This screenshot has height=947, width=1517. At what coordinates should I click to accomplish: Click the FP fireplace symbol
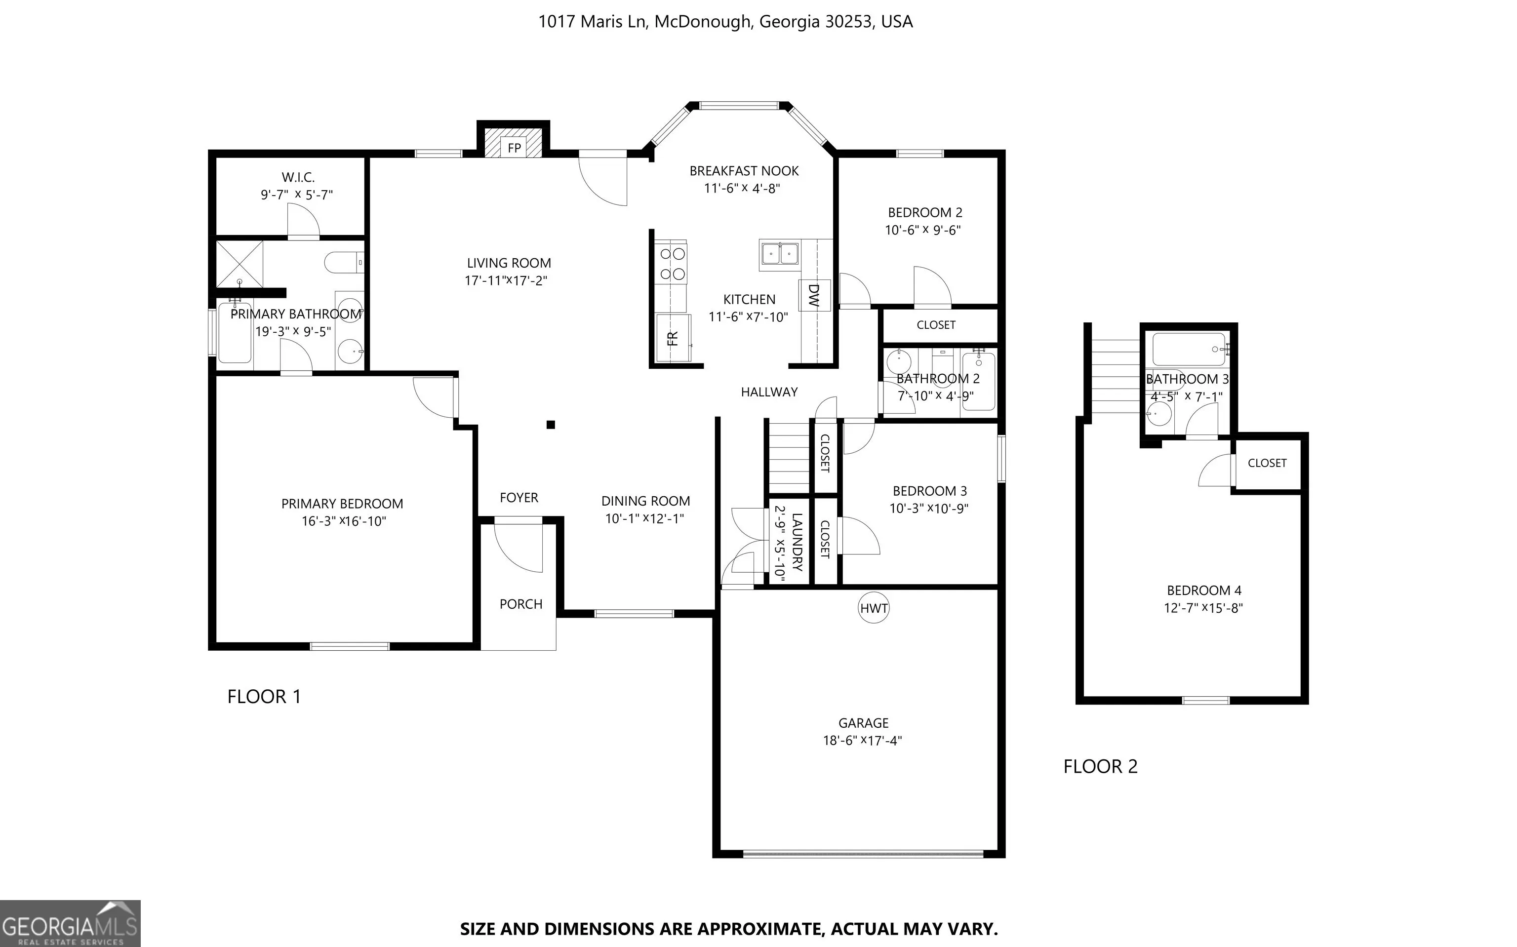point(514,143)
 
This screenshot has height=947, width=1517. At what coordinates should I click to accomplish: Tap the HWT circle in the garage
point(874,607)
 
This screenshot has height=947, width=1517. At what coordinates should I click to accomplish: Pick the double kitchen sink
point(780,255)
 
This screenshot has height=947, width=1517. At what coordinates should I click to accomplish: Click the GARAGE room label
point(863,723)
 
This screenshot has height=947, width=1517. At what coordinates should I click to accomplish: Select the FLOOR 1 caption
point(264,697)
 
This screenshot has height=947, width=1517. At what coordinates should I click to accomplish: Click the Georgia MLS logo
point(70,924)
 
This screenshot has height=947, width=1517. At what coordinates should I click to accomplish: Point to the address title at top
point(725,22)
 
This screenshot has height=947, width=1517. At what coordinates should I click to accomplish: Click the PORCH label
point(520,604)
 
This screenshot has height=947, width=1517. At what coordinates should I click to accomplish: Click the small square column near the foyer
point(551,425)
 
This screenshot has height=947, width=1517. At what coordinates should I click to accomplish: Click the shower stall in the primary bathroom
point(240,264)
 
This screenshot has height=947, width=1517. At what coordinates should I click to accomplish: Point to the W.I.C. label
point(298,178)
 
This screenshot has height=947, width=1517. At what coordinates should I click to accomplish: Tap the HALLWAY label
point(769,392)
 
